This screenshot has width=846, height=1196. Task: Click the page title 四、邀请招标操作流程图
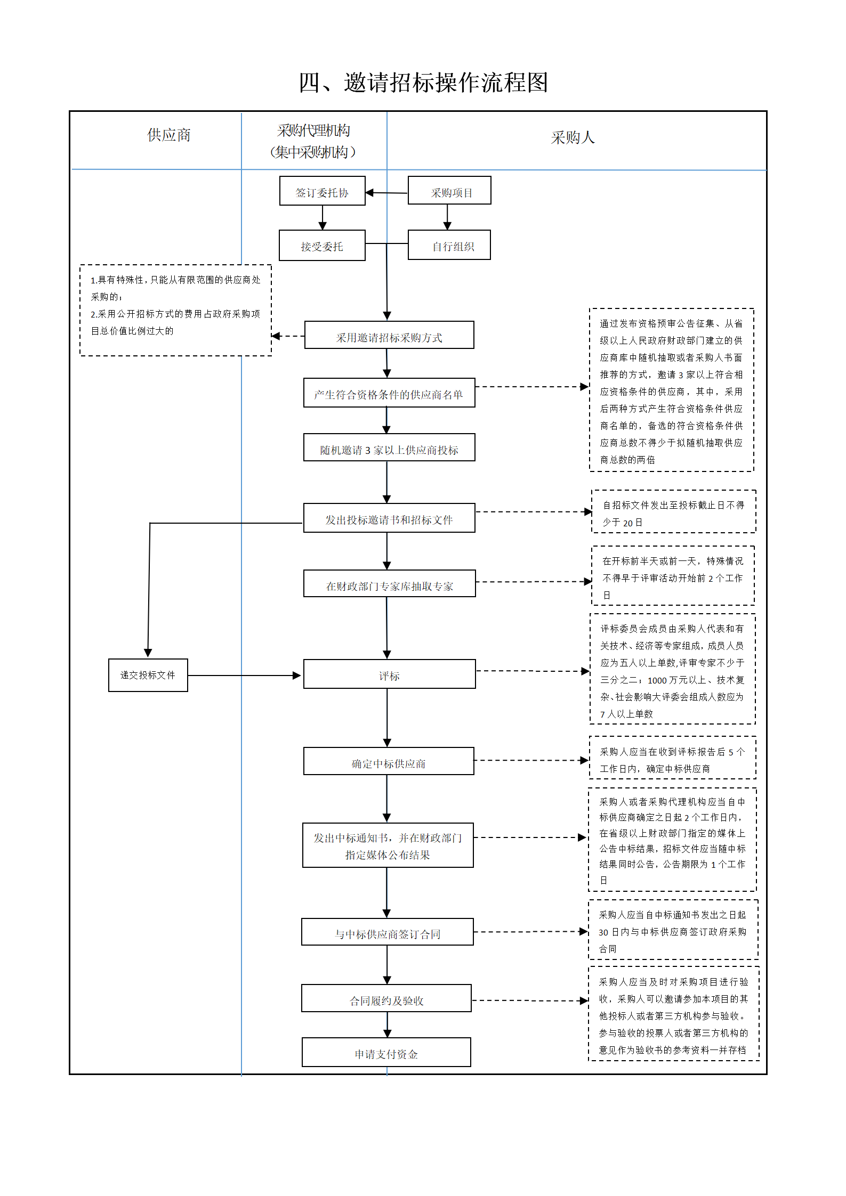[x=423, y=83]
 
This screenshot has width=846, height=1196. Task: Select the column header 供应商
[x=169, y=135]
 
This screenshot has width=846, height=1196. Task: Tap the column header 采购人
[x=573, y=137]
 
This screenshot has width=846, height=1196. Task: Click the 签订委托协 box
[x=323, y=191]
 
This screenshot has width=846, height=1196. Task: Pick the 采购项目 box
[x=449, y=190]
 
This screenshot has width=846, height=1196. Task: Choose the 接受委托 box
[x=322, y=245]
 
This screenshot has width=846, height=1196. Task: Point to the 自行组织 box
[x=449, y=245]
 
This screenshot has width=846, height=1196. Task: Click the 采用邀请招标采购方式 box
[x=389, y=335]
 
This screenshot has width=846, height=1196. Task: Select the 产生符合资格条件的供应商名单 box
[x=389, y=393]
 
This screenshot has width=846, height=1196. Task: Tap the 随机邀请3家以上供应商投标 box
[x=389, y=447]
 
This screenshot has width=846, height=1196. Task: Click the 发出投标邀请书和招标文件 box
[x=389, y=518]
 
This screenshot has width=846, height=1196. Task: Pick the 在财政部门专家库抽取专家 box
[x=389, y=583]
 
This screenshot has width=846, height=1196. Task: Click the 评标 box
[x=389, y=674]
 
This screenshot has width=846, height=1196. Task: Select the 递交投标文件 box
[x=148, y=675]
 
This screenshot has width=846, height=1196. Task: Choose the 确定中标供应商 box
[x=389, y=761]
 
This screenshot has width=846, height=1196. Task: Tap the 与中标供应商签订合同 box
[x=388, y=932]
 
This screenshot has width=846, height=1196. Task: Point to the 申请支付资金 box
[x=386, y=1052]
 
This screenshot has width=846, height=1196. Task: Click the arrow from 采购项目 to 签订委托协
[x=386, y=192]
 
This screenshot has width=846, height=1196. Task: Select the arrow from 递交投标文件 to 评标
[x=245, y=676]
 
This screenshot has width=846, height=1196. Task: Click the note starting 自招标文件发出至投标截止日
[x=674, y=511]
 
